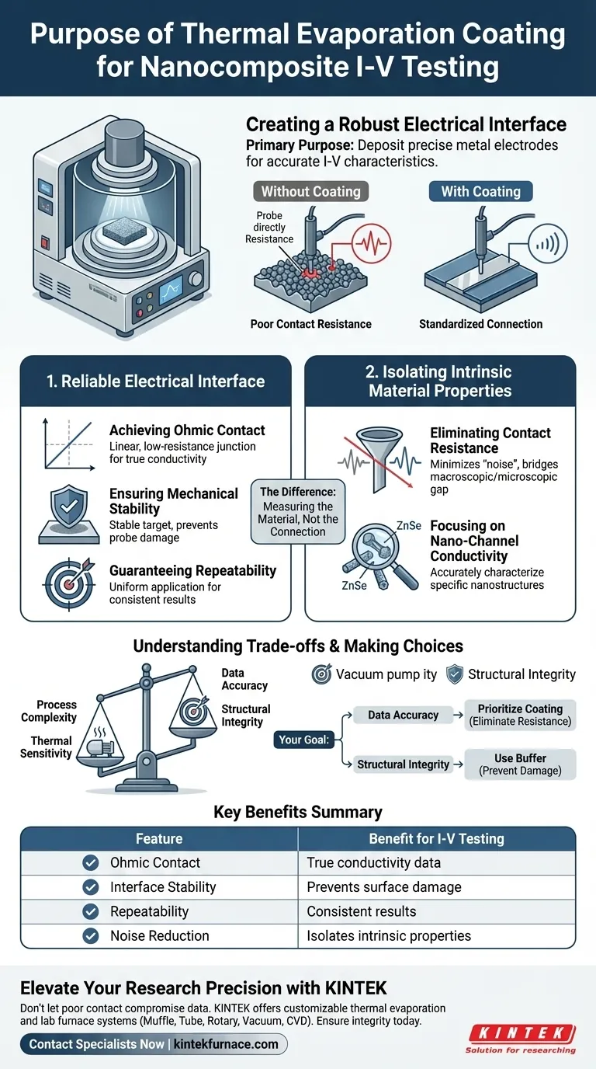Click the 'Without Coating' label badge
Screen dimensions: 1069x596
coord(310,191)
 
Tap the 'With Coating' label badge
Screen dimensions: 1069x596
coord(480,191)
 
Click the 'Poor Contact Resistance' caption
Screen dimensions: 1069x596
coord(310,324)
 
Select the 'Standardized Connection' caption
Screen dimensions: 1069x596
coord(480,324)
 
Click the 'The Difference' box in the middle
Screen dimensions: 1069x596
coord(298,512)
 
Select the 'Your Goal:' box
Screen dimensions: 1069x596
coord(302,740)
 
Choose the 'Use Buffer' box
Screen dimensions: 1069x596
coord(520,764)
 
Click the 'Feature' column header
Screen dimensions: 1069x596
coord(159,838)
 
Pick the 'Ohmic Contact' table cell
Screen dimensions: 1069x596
coord(155,862)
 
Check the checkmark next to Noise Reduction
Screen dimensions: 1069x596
coord(91,935)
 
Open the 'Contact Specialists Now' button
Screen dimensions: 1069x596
coord(154,1044)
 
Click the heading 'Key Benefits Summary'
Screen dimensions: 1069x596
coord(298,813)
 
